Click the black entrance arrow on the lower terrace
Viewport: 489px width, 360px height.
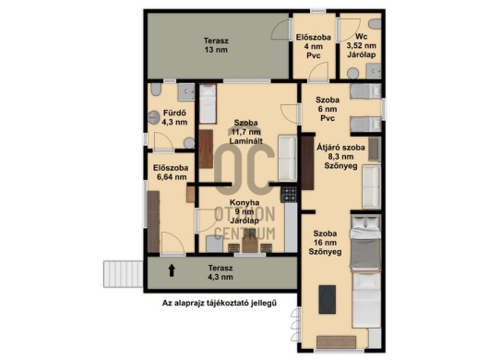tap(172, 270)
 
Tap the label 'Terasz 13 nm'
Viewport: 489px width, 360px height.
tap(216, 45)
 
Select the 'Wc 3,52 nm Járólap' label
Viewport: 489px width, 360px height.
tap(361, 45)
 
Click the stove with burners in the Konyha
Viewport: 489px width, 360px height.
tap(289, 195)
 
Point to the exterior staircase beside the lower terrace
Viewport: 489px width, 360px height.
tap(124, 274)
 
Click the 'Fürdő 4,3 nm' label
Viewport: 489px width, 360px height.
tap(174, 117)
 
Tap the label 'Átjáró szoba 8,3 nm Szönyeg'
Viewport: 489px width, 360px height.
tap(340, 157)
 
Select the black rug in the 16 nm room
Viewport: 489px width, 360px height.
tap(328, 299)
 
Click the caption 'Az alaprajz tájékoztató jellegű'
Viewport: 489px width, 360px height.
tap(220, 303)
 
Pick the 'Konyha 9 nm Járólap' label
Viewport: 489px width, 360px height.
tap(244, 211)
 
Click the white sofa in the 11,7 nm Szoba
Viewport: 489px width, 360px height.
tap(287, 158)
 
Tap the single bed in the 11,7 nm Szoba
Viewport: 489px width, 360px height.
tap(208, 103)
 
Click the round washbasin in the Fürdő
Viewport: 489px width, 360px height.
tap(154, 117)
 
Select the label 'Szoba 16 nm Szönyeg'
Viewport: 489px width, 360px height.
tap(325, 243)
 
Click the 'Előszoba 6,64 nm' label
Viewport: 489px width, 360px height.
tap(171, 173)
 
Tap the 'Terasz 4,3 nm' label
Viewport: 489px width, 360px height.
tap(221, 272)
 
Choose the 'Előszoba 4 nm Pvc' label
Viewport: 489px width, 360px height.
tap(314, 46)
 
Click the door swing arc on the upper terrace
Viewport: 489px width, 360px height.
tap(280, 30)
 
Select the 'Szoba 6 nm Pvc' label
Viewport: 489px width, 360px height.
tap(328, 109)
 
